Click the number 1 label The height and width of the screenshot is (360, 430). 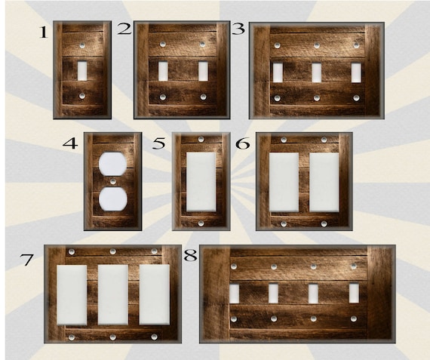pos(43,32)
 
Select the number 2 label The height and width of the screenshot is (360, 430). pos(124,30)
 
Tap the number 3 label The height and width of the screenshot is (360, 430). pos(238,29)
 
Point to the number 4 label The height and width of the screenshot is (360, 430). pos(71,142)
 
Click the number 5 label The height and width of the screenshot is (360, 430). pos(159,143)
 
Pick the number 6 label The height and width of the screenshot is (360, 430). pos(243,143)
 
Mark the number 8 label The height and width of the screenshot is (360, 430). pos(190,256)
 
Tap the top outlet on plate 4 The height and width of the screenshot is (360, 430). pos(112,165)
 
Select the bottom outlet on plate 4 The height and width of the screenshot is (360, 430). pos(112,198)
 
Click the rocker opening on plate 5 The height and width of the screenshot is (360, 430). pos(201,182)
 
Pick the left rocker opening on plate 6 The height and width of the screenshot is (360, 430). pos(284,182)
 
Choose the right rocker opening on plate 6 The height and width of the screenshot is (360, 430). pos(324,182)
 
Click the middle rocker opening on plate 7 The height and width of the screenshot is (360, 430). pos(112,294)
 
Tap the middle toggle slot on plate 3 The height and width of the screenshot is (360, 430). pos(316,72)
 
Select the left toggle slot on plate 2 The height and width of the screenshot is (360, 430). pos(163,71)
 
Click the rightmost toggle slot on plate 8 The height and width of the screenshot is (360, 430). pos(354,293)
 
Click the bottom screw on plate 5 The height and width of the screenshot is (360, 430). pos(201,223)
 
